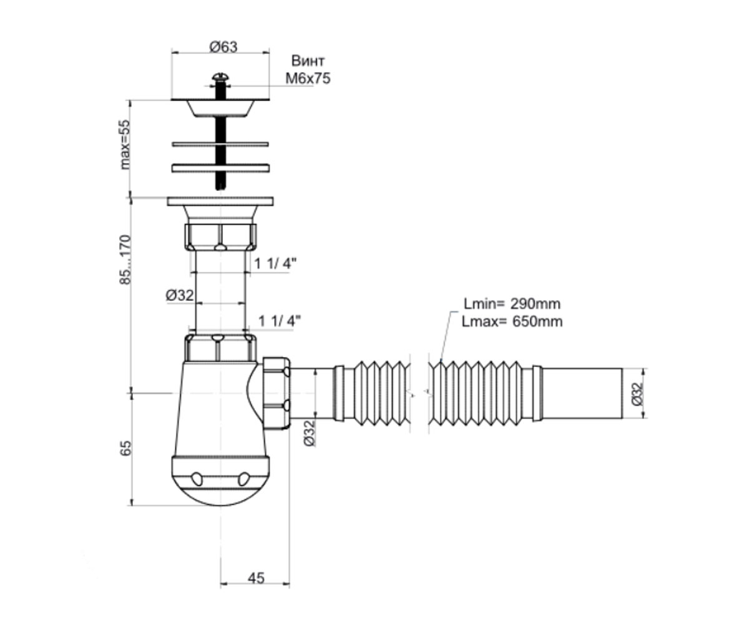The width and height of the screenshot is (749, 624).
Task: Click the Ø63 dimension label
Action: [x=223, y=47]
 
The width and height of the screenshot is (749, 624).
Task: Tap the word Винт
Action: [x=308, y=61]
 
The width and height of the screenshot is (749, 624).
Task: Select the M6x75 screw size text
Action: [x=308, y=79]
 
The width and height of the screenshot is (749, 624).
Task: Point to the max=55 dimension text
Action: [x=125, y=145]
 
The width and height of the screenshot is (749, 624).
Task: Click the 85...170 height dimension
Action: [x=125, y=260]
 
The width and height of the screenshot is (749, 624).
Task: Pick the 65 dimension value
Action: [x=125, y=448]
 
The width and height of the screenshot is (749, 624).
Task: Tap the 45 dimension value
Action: [x=256, y=578]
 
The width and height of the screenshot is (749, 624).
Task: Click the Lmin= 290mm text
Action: [x=512, y=304]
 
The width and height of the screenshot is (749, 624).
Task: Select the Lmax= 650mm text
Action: [x=512, y=322]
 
